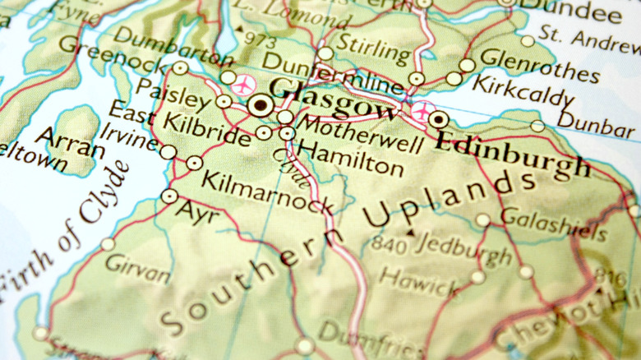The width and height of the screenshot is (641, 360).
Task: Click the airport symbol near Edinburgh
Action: [422, 112]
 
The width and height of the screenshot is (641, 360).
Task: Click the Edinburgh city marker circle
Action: [439, 120]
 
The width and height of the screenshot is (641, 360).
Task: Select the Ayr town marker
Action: [169, 196]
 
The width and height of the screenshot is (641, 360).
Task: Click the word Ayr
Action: [194, 213]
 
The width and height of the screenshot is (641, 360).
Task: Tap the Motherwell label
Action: [360, 134]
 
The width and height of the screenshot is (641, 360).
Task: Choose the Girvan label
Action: [138, 269]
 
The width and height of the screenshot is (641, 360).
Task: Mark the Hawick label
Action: [419, 281]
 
